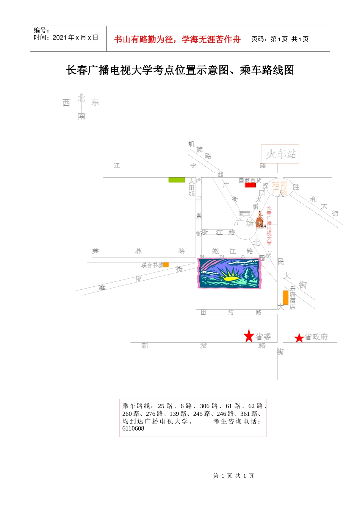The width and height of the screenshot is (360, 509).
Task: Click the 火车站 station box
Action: [x=280, y=154]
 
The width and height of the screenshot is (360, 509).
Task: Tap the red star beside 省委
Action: [x=249, y=336]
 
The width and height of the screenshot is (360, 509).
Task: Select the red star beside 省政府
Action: [x=299, y=338]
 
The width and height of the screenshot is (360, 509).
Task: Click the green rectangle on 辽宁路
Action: [x=177, y=180]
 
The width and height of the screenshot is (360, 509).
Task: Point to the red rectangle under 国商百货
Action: [x=250, y=185]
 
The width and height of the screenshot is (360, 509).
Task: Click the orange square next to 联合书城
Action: [x=166, y=265]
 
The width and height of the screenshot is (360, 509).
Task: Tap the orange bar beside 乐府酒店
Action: [x=285, y=297]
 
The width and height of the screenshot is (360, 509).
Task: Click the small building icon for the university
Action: [x=260, y=220]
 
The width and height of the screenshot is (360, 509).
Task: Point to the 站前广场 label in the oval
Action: [x=280, y=188]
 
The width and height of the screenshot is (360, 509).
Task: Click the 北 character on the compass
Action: [x=81, y=98]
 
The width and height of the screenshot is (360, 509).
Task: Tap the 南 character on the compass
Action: [x=81, y=116]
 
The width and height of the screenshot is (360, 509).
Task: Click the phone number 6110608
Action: [x=133, y=429]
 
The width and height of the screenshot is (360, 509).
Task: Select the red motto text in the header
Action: [x=177, y=39]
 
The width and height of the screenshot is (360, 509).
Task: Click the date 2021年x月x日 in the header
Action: [x=75, y=37]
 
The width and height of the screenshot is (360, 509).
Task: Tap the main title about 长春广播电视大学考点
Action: [x=180, y=70]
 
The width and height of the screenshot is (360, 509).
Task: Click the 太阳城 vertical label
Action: [x=192, y=187]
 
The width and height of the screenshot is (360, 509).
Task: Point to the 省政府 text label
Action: [x=316, y=337]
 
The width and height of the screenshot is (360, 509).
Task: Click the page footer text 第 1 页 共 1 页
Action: [x=233, y=476]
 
